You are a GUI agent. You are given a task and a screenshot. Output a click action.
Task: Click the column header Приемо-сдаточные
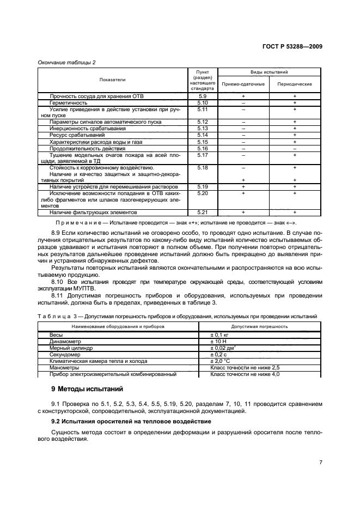click(243, 84)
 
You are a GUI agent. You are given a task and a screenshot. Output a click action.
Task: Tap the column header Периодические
click(294, 84)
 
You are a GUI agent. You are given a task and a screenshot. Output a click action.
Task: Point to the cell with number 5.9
click(203, 96)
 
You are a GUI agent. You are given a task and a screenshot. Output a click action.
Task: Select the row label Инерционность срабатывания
click(87, 128)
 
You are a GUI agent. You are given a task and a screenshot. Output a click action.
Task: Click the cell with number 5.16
click(203, 148)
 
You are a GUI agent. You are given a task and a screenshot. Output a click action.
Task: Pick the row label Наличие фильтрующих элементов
click(93, 212)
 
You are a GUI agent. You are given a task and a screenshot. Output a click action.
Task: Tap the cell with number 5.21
click(203, 212)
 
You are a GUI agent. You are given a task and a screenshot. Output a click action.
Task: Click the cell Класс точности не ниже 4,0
click(245, 374)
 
